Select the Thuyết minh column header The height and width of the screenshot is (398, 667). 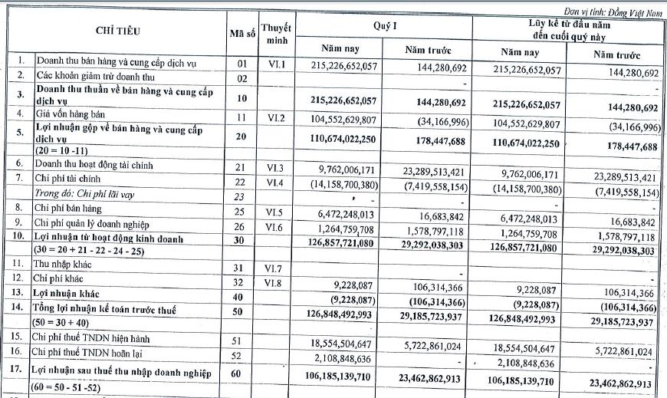point(276,34)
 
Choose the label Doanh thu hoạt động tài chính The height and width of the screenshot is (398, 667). point(97,165)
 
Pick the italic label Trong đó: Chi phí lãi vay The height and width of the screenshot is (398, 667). point(86,195)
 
